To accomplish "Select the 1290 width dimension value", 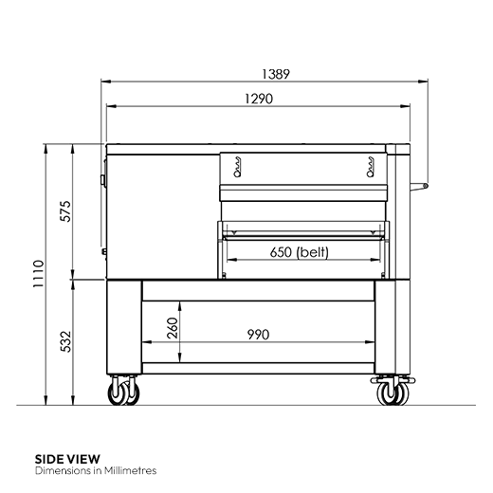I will click(x=258, y=98).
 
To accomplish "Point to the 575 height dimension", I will click(x=65, y=211).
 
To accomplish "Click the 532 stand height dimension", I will click(x=65, y=340).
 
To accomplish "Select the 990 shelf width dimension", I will click(x=258, y=334).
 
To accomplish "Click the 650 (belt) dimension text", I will click(x=301, y=252).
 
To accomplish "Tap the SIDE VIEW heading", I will click(x=67, y=458).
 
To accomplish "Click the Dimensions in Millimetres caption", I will click(x=95, y=470).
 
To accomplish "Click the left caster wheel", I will click(x=122, y=391).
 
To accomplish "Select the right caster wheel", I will click(x=389, y=391).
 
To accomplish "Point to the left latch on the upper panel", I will click(x=236, y=170).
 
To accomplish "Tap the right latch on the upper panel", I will click(x=370, y=170).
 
